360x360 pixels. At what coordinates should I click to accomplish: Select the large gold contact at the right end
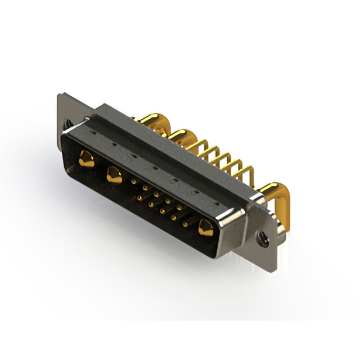coord(205,228)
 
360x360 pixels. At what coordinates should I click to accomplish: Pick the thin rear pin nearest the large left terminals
coord(198,147)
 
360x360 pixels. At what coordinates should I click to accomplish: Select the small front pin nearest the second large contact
coord(133,182)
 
